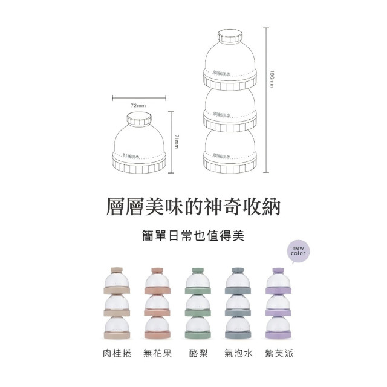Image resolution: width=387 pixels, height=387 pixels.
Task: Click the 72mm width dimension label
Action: [x=138, y=106]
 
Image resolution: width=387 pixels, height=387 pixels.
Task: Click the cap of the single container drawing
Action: [x=138, y=119]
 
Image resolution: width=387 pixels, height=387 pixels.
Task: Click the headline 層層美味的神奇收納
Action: [x=193, y=205]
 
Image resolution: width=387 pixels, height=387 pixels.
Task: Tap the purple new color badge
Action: [x=298, y=250]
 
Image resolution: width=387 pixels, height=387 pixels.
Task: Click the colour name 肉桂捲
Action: [x=117, y=351]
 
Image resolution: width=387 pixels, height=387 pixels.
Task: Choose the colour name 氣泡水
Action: [x=237, y=351]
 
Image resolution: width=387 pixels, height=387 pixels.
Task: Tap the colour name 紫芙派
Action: [x=279, y=351]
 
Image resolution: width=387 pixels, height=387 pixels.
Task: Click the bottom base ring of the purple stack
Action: [x=279, y=334]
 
